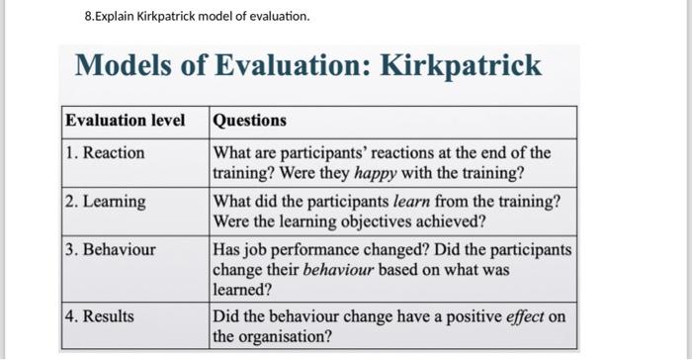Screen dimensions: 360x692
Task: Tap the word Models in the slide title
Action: [x=123, y=66]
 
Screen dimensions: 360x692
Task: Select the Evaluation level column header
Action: [x=125, y=121]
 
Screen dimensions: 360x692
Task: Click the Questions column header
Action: [x=250, y=121]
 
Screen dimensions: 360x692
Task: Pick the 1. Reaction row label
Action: [x=105, y=153]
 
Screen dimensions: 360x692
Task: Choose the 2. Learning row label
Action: [x=106, y=202]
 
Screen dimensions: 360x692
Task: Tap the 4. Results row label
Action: [x=100, y=317]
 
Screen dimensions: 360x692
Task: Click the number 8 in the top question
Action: [x=89, y=17]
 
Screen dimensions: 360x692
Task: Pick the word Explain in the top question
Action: [x=118, y=17]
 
